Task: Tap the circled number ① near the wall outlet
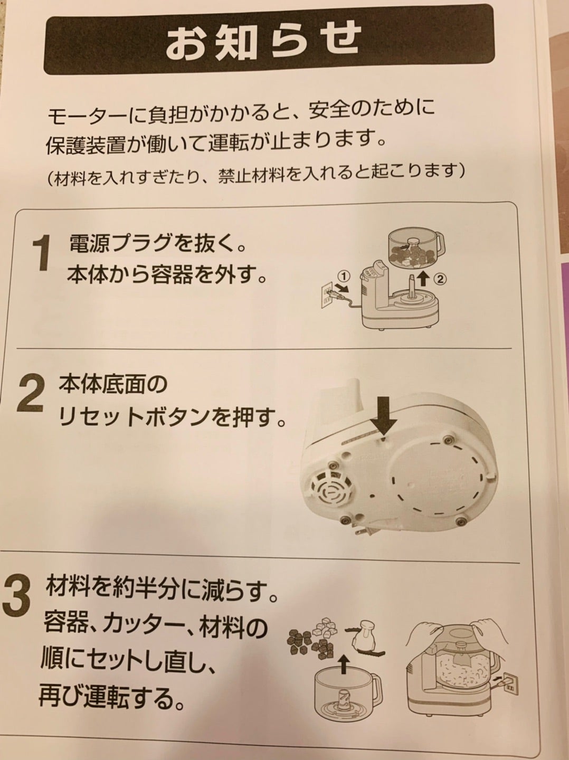(x=344, y=276)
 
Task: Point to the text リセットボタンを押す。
(x=171, y=421)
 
